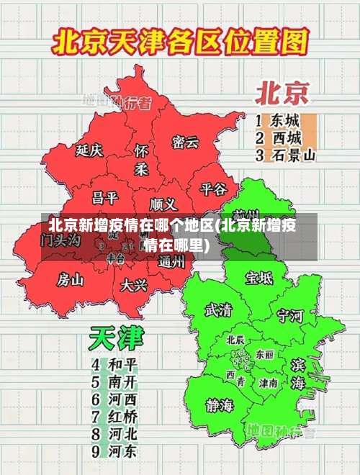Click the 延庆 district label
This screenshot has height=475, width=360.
[x=90, y=151]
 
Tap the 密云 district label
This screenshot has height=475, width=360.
[x=185, y=142]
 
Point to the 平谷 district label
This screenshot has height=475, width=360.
[x=213, y=189]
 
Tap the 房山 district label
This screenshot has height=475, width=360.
[x=71, y=279]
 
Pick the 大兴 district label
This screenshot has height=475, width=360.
[x=134, y=285]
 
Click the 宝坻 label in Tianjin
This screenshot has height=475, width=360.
[x=259, y=278]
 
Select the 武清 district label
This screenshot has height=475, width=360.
[x=218, y=310]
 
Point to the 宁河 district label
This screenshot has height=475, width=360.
[x=290, y=315]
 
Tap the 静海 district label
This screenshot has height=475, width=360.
[x=219, y=404]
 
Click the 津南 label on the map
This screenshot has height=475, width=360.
[x=269, y=383]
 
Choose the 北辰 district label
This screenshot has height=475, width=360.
[x=235, y=339]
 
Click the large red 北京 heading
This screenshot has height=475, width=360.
[x=282, y=93]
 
